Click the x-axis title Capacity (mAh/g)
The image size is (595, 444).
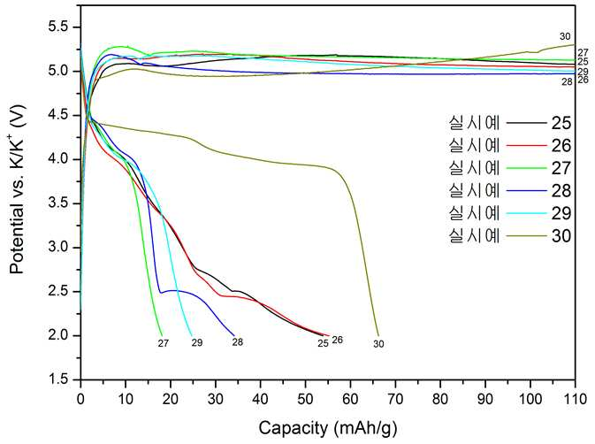[328, 428]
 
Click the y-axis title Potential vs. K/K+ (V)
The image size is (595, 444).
[17, 190]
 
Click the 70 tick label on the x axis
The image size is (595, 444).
[395, 399]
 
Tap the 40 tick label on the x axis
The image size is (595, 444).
[260, 399]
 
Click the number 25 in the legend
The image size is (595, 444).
[561, 123]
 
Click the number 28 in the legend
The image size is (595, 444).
[561, 190]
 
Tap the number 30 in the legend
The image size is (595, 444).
[561, 235]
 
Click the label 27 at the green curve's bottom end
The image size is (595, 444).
[164, 343]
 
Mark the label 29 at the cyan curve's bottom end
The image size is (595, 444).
[197, 342]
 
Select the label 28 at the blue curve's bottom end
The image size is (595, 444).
[238, 342]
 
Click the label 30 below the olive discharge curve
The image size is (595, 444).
[378, 344]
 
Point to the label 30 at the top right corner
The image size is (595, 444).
[565, 36]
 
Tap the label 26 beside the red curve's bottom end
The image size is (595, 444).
[338, 340]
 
